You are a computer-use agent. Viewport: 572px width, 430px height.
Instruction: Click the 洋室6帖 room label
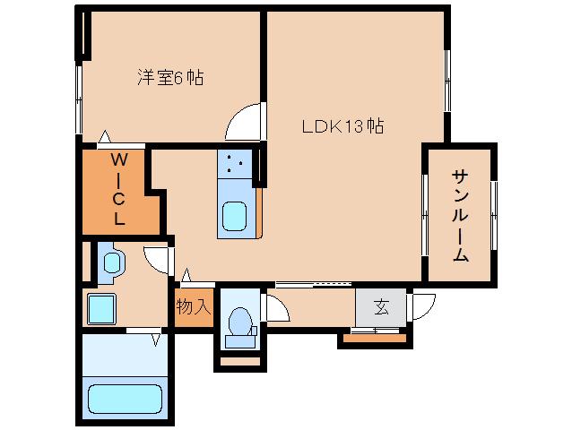tap(170, 79)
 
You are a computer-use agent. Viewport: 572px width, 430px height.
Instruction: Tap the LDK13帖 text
tap(342, 126)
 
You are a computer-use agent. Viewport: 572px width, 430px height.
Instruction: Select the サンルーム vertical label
tap(460, 215)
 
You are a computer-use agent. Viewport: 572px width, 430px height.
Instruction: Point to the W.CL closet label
tap(118, 189)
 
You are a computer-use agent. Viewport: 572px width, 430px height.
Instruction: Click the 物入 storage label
tap(193, 307)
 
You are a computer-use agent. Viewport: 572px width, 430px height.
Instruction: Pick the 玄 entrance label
tap(381, 308)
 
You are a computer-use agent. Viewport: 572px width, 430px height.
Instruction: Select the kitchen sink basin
tap(236, 218)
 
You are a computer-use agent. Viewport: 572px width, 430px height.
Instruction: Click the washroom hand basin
tap(112, 262)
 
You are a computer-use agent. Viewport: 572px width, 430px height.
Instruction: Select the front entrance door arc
tap(422, 306)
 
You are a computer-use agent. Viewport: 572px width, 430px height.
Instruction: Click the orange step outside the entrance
tap(375, 338)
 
